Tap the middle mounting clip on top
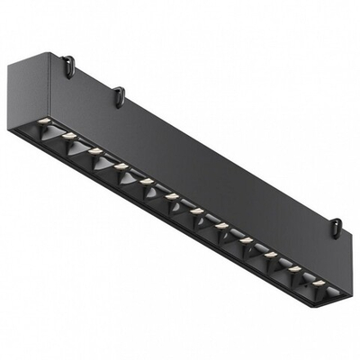[x=116, y=92]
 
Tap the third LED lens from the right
[x=269, y=253]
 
